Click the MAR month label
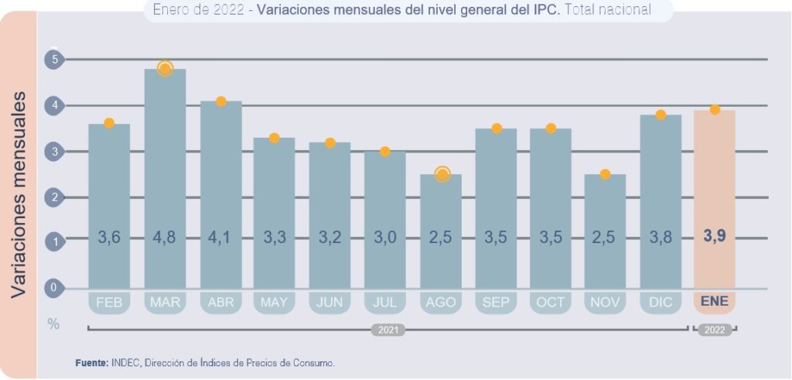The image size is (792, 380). click(x=165, y=302)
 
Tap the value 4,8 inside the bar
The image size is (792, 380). click(x=165, y=237)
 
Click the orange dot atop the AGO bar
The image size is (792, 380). click(x=442, y=174)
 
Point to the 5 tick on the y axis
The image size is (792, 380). click(x=54, y=59)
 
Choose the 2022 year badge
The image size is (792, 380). click(x=715, y=330)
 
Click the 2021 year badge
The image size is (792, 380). click(x=388, y=330)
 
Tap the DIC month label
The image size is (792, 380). click(x=660, y=302)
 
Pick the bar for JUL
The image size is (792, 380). click(x=385, y=221)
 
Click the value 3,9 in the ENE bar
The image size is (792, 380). click(x=715, y=237)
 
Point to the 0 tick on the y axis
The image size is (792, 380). click(x=54, y=288)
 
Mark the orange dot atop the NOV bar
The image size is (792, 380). click(x=605, y=174)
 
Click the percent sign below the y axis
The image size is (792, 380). click(x=53, y=324)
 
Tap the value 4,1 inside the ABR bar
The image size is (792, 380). click(x=220, y=237)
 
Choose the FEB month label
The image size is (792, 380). click(x=109, y=302)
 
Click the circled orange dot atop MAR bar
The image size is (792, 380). click(x=165, y=68)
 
